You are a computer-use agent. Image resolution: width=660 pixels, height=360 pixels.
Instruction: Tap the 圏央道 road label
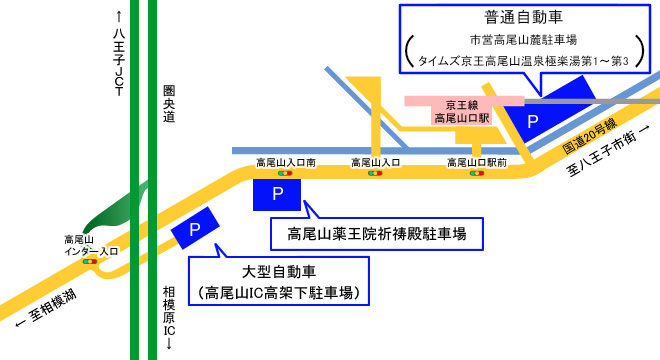(169, 103)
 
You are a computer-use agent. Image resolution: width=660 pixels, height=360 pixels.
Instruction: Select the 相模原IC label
(169, 310)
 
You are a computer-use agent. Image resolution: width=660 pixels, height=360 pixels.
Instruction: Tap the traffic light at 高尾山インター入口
(91, 261)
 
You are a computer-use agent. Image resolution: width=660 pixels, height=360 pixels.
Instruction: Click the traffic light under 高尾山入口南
(285, 173)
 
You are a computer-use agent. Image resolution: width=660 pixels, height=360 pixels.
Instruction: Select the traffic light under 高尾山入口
(376, 173)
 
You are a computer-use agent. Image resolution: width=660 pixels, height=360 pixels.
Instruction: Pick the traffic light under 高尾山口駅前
(475, 173)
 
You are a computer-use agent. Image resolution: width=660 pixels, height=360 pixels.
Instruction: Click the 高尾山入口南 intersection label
(286, 161)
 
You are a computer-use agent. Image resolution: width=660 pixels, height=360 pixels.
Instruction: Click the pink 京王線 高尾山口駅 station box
(462, 111)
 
